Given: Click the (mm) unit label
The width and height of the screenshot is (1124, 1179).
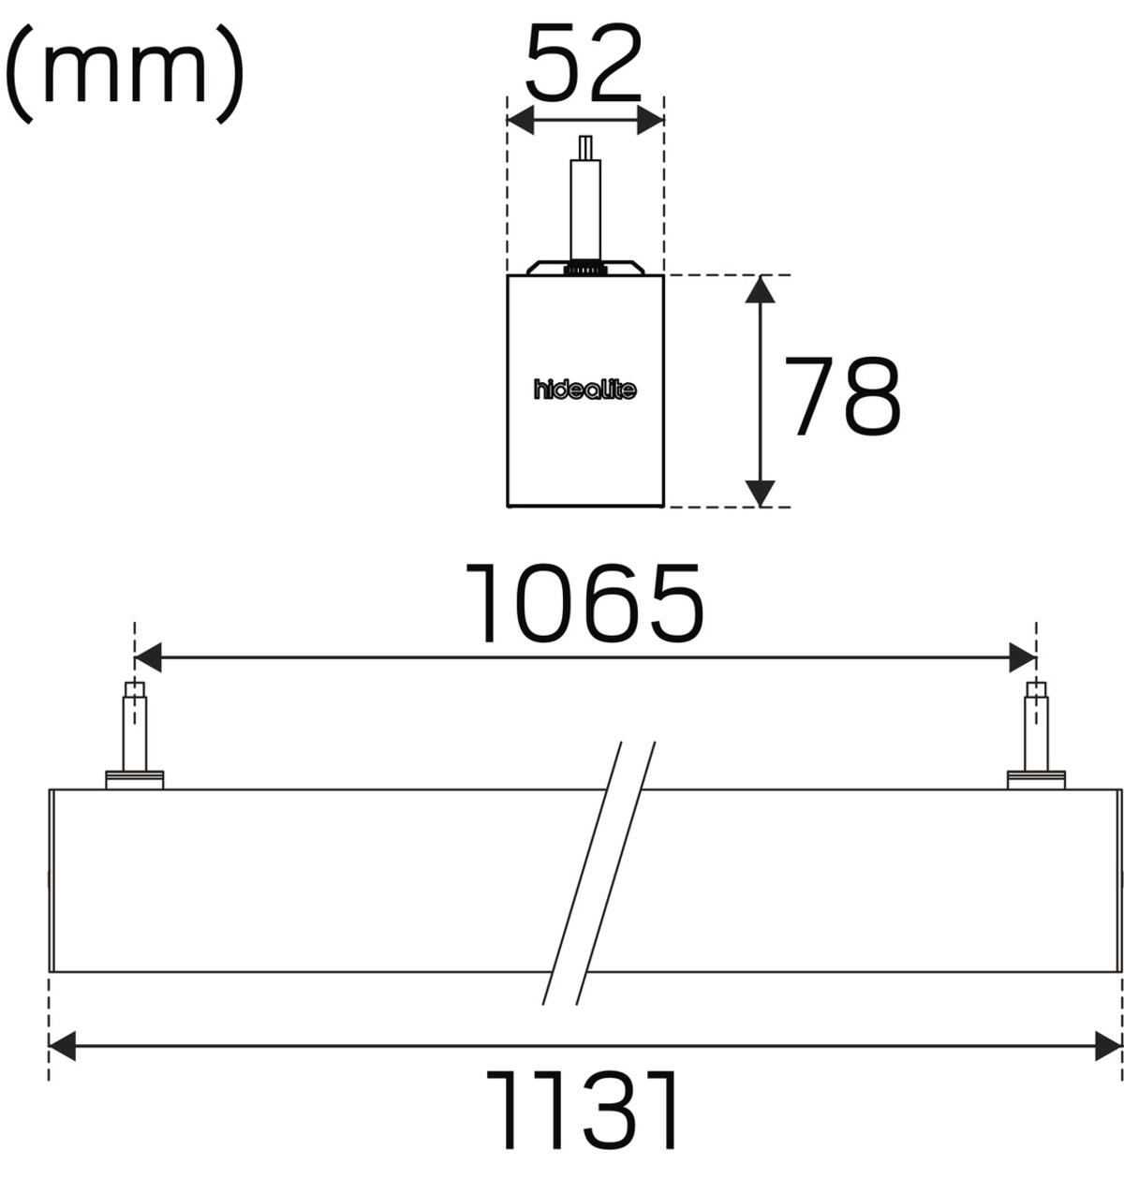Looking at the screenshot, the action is point(125,73).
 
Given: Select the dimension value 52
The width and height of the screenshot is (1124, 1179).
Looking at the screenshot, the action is point(584,64).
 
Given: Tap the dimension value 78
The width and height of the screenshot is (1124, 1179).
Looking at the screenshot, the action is point(842,396).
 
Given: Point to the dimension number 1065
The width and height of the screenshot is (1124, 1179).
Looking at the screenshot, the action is point(584,603).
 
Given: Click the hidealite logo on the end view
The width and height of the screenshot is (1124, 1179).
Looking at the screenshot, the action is point(584,390).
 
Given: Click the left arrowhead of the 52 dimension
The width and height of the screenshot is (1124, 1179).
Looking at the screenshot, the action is point(521,120).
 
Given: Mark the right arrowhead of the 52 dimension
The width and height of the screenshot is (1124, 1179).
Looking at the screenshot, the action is point(650,120).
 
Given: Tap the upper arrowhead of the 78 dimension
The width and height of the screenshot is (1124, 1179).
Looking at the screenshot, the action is point(760,289).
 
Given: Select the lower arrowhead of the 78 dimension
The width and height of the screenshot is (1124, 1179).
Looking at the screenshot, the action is point(760,494).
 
